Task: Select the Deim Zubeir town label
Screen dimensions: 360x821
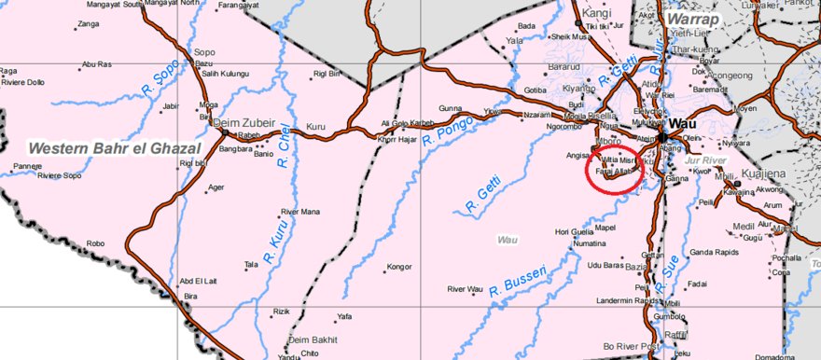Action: coord(245,122)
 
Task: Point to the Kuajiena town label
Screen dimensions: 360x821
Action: coord(766,174)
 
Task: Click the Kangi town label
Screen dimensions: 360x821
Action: coord(595,13)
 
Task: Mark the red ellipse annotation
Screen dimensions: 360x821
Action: coord(613,169)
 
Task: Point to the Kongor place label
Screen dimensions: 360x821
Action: coord(398,267)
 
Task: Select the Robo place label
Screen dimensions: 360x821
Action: coord(95,244)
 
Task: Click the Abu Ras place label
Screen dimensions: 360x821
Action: coord(97,64)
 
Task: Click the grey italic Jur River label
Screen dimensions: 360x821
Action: coord(704,161)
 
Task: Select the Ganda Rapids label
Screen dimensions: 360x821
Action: coord(714,252)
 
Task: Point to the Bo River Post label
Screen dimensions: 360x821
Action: coord(632,346)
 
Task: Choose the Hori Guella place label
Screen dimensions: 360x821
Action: coord(574,231)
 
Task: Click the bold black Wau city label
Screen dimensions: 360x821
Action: coord(682,123)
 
